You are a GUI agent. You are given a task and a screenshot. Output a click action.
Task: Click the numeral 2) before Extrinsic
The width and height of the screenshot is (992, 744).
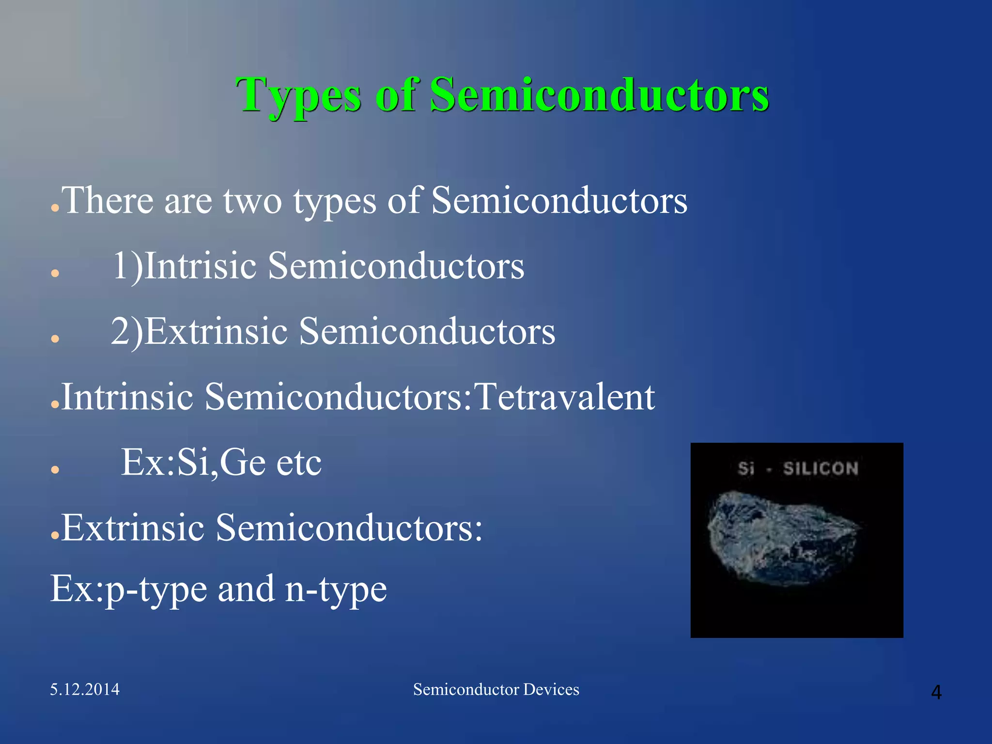pyautogui.click(x=127, y=331)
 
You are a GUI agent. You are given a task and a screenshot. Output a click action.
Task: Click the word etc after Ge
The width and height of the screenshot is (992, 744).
pyautogui.click(x=298, y=463)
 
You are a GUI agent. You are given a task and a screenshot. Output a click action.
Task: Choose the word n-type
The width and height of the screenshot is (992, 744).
pyautogui.click(x=336, y=589)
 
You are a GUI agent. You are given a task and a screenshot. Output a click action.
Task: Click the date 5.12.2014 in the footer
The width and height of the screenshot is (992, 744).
pyautogui.click(x=85, y=689)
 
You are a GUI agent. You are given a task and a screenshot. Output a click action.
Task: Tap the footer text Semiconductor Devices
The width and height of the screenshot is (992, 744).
pyautogui.click(x=496, y=689)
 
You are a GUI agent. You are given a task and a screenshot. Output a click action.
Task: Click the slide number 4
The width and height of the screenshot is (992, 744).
pyautogui.click(x=936, y=692)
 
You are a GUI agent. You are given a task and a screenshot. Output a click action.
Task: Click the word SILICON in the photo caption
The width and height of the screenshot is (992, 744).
pyautogui.click(x=821, y=468)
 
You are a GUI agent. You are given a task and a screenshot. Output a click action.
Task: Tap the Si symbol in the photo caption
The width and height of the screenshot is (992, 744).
pyautogui.click(x=746, y=468)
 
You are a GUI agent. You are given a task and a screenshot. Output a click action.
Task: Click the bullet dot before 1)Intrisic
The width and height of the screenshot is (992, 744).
pyautogui.click(x=55, y=273)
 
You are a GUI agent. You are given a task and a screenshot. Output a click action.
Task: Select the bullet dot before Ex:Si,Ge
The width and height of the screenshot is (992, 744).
pyautogui.click(x=55, y=469)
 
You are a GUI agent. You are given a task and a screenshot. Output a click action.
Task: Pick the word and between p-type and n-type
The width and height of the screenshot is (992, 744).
pyautogui.click(x=246, y=589)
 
